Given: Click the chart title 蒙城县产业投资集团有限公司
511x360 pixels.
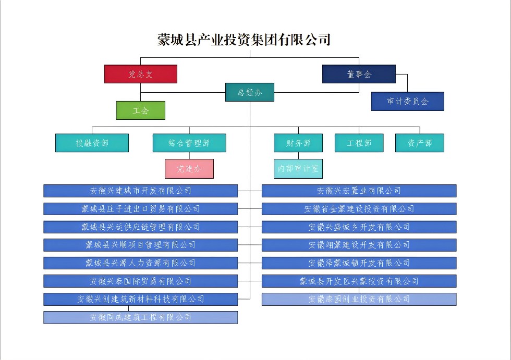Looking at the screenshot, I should (244, 40).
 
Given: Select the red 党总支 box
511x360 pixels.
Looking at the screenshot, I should (141, 74).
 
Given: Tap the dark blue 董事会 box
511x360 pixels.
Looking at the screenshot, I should (359, 74).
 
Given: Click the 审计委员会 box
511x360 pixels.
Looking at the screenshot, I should (407, 102).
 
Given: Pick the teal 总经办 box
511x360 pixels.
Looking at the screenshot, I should (250, 92).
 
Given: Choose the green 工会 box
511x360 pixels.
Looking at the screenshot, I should (141, 110).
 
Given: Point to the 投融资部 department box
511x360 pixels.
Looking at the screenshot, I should (92, 143).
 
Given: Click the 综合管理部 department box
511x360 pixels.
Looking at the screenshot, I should (189, 143).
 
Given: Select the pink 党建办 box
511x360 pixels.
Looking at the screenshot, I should (189, 169).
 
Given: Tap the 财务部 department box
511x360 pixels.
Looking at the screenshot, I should (298, 143).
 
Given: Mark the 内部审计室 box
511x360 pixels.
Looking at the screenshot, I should (298, 169).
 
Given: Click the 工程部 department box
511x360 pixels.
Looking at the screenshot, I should (359, 143).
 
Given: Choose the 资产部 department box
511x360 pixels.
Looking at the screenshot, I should (420, 143).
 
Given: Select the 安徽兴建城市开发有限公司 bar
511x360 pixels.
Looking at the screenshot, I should (141, 191).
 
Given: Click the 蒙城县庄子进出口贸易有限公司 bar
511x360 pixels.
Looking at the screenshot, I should (141, 209).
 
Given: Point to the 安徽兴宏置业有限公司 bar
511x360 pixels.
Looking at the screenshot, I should (359, 191).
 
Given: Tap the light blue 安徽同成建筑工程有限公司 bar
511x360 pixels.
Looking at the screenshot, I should (141, 317).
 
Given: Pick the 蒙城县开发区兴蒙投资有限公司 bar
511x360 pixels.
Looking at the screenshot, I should (359, 281).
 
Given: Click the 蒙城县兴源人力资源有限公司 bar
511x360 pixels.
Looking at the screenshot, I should (141, 263).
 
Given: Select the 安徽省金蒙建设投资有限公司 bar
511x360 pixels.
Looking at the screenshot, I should (359, 209).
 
